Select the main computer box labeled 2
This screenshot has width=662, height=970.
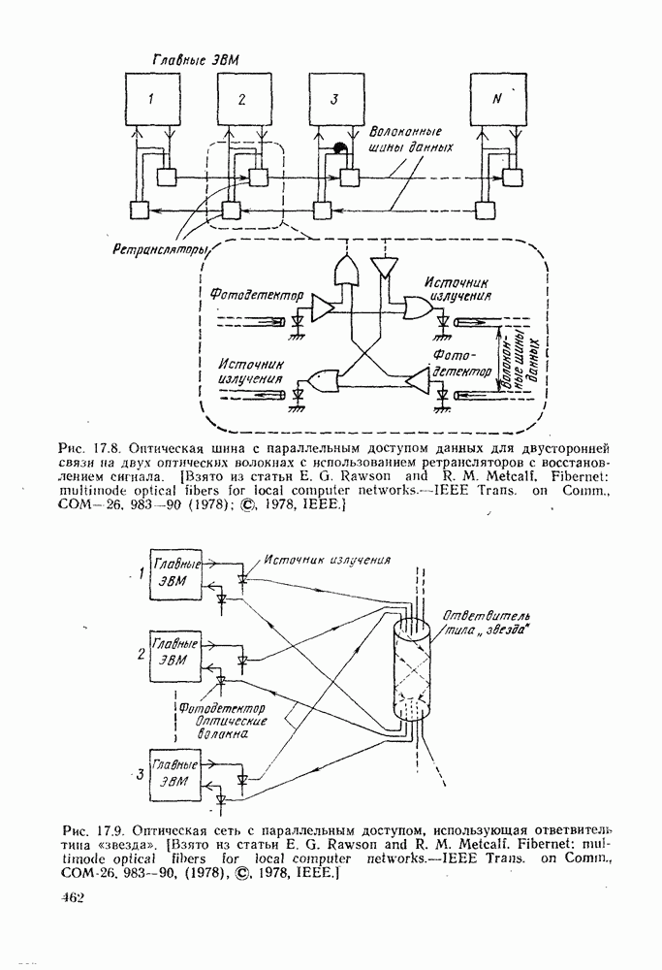click(x=242, y=99)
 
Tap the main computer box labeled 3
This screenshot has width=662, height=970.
click(x=334, y=99)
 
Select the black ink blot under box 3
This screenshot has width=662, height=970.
click(x=340, y=148)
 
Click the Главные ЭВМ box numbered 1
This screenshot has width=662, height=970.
click(x=174, y=571)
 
